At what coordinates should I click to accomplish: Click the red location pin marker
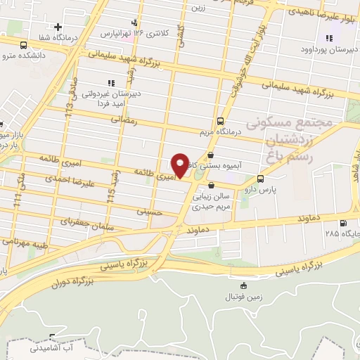coord(180,165)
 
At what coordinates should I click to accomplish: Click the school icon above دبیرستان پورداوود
coord(328,38)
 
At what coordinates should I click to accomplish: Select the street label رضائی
coord(127,120)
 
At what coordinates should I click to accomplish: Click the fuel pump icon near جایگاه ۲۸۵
coord(343,224)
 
